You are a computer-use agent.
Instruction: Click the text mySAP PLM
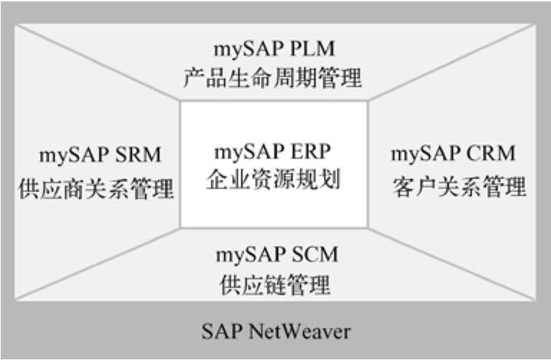[274, 51]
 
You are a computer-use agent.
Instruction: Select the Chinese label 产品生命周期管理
[274, 77]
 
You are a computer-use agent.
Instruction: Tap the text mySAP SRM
[100, 155]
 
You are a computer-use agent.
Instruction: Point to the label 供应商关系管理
[96, 189]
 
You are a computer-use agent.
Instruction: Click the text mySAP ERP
[274, 153]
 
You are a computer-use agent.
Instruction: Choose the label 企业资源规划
[274, 179]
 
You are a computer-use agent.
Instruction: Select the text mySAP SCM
[277, 255]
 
